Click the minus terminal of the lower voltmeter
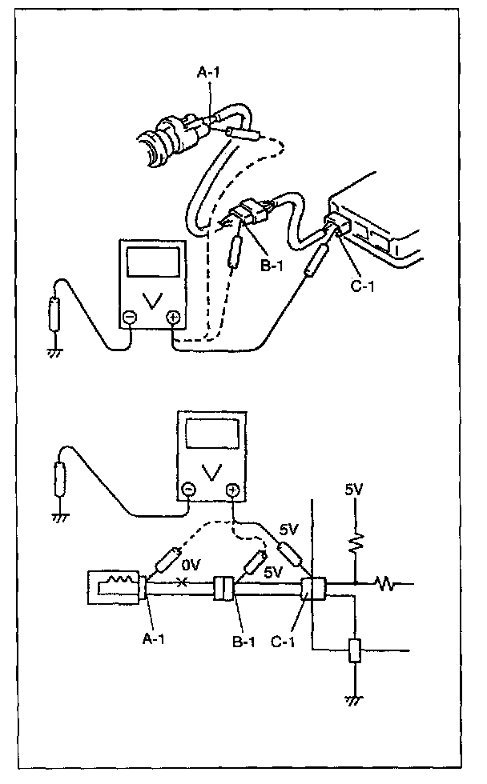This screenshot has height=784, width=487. [x=187, y=489]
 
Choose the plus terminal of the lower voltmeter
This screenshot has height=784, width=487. [x=232, y=489]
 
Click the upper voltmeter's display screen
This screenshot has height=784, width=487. [x=151, y=263]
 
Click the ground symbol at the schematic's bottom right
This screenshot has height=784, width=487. [x=352, y=698]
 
